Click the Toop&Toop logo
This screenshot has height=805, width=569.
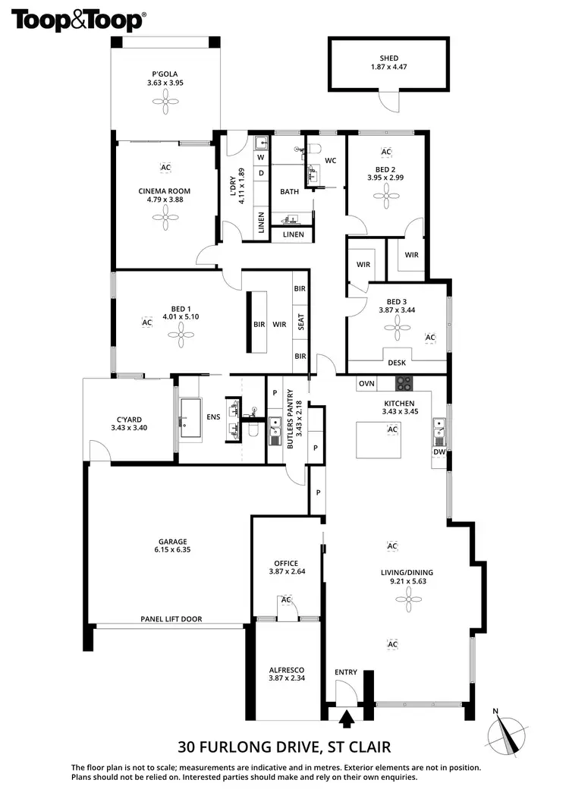[77, 20]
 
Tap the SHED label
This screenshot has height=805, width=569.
[389, 58]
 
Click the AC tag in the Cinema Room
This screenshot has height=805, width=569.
[165, 167]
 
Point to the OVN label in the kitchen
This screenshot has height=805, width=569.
[367, 384]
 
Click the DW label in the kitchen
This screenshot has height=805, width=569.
[439, 452]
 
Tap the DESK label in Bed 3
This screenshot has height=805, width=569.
[397, 363]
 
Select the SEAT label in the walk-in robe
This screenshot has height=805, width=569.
[301, 322]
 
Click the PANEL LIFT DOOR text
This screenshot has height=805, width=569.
[171, 619]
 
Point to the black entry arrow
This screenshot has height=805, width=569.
[347, 718]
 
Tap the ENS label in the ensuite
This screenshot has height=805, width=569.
[213, 417]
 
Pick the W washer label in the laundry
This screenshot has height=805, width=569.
[260, 157]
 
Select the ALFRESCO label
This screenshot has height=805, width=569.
[286, 670]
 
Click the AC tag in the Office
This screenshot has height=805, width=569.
[286, 600]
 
